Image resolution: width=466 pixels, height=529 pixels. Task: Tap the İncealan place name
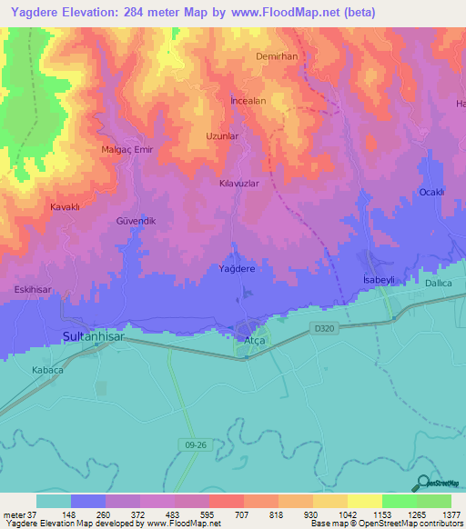248,101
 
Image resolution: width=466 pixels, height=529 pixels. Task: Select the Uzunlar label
221,136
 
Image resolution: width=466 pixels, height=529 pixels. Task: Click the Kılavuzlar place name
239,183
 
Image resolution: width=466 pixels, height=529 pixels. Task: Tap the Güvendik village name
137,221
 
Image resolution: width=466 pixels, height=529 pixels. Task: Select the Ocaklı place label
431,192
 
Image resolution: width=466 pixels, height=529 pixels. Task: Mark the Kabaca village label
47,371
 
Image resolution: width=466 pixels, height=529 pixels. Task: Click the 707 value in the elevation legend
219,514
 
